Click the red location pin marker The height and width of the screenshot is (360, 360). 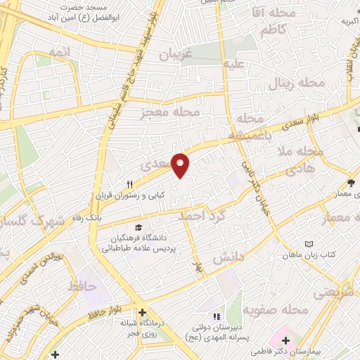pyautogui.click(x=181, y=165)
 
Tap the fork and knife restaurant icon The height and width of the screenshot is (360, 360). pyautogui.click(x=128, y=179)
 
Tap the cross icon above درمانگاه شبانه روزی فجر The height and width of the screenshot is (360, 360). pyautogui.click(x=142, y=312)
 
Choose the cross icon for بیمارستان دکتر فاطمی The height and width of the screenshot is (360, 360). pyautogui.click(x=285, y=340)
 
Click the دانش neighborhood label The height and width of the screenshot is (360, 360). pyautogui.click(x=227, y=258)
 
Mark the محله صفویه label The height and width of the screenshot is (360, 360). pyautogui.click(x=276, y=309)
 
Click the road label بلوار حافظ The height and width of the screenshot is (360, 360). pyautogui.click(x=108, y=304)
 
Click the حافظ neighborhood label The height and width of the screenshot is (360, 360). pyautogui.click(x=83, y=286)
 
